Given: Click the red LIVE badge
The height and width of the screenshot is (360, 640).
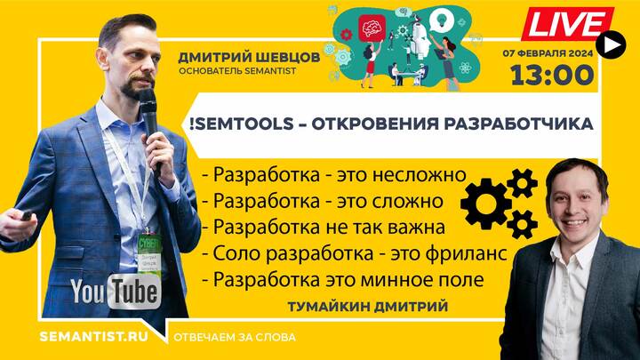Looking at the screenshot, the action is pos(568,24).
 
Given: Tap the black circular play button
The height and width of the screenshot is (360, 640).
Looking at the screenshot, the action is pos(611,45).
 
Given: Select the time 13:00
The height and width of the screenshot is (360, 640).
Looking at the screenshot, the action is pos(552,76).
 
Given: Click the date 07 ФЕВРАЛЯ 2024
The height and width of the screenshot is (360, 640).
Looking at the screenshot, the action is pos(548,53).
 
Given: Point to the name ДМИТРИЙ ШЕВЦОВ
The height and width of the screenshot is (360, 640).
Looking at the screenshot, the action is pos(249,58).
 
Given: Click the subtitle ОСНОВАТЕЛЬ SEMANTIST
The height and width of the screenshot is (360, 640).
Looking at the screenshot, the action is pos(237,71).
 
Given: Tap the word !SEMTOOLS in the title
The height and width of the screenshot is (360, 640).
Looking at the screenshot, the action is pos(242,124).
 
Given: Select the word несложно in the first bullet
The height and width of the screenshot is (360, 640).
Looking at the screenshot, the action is pos(420,175).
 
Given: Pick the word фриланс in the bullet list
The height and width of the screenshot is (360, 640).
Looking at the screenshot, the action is pos(466,254).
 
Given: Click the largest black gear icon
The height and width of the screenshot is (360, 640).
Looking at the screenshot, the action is pos(485,204).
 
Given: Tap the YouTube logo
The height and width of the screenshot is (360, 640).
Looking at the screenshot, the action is pos(116,292).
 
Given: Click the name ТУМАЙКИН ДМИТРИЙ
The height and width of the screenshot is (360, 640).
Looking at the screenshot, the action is pos(368,307).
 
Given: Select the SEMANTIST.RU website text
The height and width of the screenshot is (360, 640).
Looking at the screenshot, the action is pos(94,337).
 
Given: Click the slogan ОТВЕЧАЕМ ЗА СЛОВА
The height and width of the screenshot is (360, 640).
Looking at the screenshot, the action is pos(235,338).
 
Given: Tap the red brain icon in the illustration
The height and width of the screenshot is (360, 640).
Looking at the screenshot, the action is pos(372,28).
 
